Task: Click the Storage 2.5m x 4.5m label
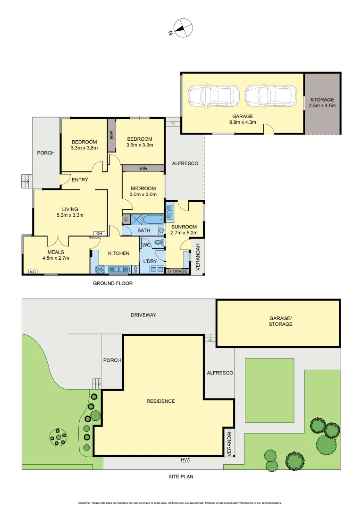[x=322, y=102]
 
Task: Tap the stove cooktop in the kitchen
[x=101, y=270]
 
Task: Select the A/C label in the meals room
[x=33, y=272]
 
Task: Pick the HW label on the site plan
[x=184, y=459]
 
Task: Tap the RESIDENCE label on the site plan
[x=160, y=401]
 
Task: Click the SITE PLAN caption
[x=181, y=476]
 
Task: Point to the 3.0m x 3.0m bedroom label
[x=143, y=191]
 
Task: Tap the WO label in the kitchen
[x=135, y=270]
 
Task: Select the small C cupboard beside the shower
[x=126, y=219]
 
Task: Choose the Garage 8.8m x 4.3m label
[x=243, y=119]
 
